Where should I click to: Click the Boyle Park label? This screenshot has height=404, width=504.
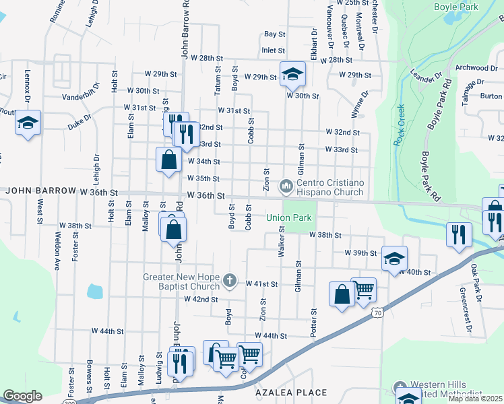point(456,7)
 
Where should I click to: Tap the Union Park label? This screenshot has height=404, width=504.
point(288,217)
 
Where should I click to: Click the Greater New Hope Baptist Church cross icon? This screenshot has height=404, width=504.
point(230,279)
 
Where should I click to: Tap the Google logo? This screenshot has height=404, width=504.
point(22,396)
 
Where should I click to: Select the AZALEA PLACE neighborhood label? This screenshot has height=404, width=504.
point(291,392)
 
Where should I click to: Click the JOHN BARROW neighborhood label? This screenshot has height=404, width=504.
point(41,191)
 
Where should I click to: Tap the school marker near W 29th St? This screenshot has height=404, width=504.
point(292,74)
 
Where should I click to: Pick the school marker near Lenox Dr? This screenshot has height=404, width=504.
point(28,123)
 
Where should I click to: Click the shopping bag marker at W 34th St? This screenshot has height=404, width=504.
point(168,160)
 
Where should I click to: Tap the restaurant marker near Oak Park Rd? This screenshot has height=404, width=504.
point(458,234)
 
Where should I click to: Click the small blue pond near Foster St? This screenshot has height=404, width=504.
point(94,292)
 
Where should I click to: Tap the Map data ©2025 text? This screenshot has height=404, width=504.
point(476,399)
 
